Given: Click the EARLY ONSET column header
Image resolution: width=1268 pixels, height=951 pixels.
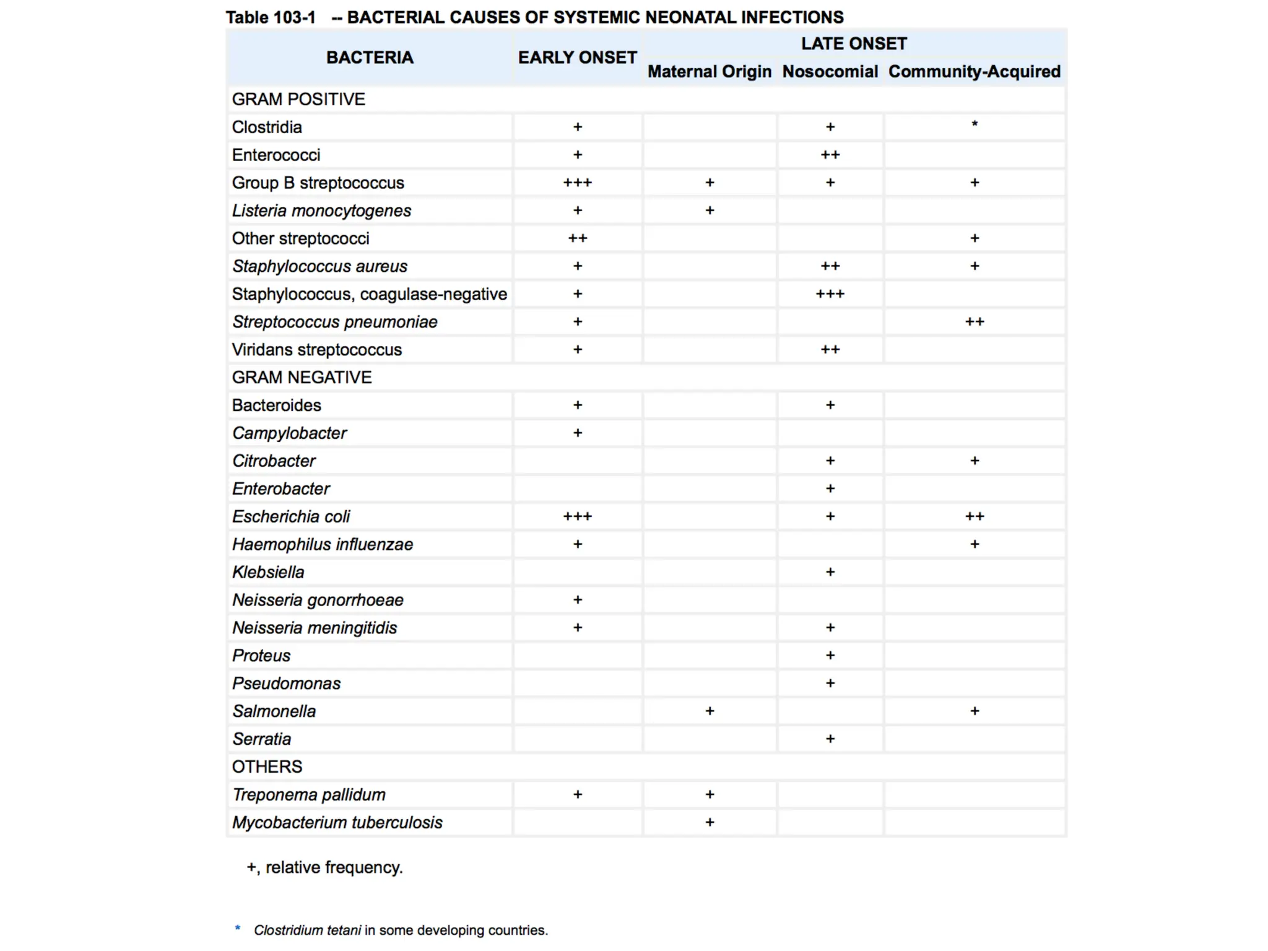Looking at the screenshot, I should tap(577, 58).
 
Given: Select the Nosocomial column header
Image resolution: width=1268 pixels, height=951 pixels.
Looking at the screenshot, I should tap(830, 72).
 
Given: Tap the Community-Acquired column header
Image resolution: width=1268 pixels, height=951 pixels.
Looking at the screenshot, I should tap(974, 72).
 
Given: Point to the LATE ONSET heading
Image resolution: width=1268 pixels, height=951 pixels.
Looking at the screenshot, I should tap(853, 44).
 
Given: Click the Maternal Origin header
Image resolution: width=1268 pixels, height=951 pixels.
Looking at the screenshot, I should tap(710, 72).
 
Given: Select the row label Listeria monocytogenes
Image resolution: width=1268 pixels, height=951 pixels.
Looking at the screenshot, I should tap(321, 211).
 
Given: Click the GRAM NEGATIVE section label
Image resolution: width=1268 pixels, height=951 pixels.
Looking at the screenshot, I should tap(302, 377).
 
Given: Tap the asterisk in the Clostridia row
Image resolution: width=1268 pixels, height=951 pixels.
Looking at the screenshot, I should tap(975, 124).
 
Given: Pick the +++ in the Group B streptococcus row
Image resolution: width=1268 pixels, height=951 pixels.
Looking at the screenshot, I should tap(577, 183).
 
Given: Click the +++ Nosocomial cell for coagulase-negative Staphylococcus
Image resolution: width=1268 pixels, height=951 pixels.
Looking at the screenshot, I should tap(830, 294).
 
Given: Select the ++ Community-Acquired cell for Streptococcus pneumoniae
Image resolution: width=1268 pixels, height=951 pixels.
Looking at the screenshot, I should tap(975, 322).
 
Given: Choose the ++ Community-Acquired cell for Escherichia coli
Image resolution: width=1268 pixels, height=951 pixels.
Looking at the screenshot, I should tap(975, 516).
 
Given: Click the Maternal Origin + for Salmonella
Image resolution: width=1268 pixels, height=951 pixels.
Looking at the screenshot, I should tap(710, 711).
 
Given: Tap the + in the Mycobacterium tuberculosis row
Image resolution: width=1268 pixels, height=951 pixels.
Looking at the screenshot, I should tap(710, 822).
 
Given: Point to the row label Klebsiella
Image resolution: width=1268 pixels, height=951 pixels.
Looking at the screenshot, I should tap(268, 572).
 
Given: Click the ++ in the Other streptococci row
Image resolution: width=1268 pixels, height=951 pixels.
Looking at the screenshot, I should tap(577, 238).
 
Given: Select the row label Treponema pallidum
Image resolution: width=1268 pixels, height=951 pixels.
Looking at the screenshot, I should tap(308, 794).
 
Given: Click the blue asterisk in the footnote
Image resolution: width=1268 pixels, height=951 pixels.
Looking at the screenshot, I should tap(238, 928).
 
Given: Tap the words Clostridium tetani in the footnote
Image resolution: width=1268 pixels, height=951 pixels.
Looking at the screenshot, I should tap(307, 930).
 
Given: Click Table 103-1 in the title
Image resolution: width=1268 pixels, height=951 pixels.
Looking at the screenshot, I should tap(271, 17).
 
